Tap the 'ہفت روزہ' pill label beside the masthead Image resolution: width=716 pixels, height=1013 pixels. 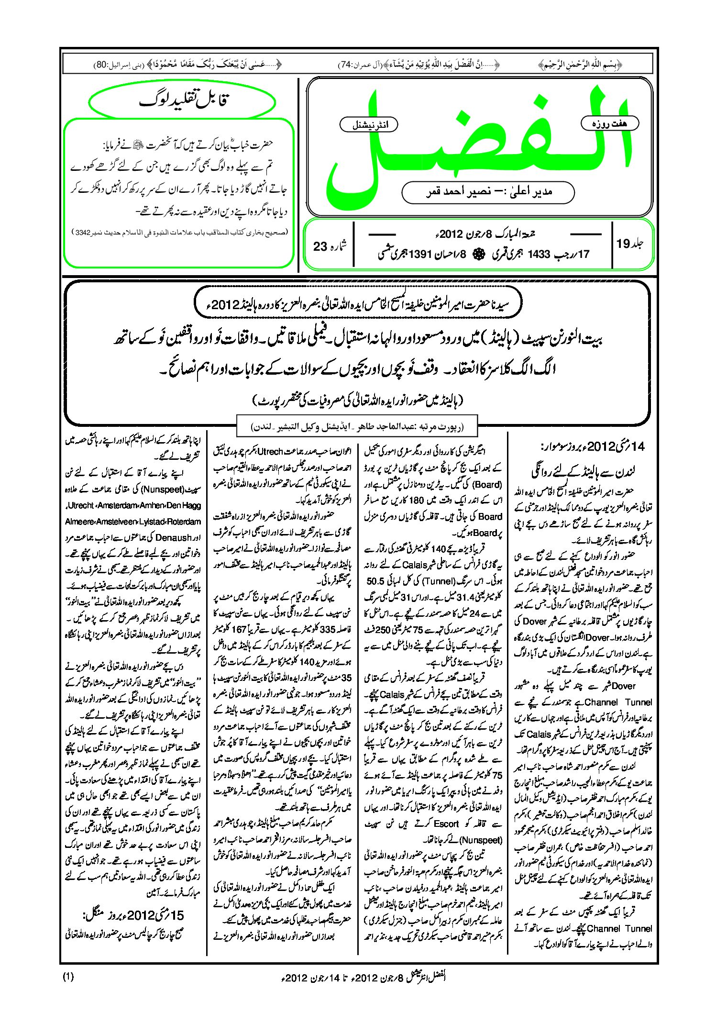click(609, 123)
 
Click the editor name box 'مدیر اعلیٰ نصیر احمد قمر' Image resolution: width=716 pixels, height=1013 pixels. click(488, 192)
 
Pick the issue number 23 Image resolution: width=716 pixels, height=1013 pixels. click(320, 246)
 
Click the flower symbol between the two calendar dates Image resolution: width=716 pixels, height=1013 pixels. click(477, 255)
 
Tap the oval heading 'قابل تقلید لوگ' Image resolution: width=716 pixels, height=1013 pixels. click(183, 101)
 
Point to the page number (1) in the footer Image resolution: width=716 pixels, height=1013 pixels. click(68, 977)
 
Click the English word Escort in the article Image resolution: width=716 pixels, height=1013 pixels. click(446, 824)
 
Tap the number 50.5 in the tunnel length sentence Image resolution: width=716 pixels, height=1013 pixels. click(376, 581)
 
